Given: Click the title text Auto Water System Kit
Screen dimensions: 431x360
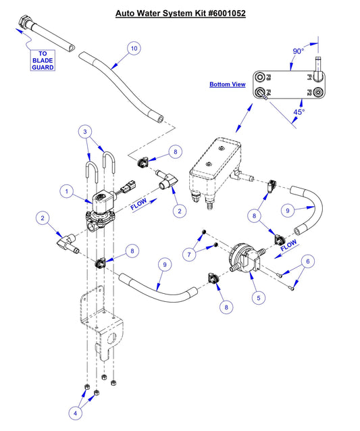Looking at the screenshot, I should pos(180,13).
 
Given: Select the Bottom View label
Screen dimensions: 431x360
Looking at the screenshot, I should pos(227,84).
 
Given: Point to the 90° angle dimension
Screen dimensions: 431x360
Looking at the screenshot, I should pos(299,51).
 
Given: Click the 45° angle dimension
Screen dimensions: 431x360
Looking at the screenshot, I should pos(299,111).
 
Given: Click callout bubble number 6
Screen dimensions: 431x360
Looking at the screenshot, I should pos(307,261).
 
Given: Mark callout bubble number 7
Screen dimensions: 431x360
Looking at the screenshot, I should pos(190,253).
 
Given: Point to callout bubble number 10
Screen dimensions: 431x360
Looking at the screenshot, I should pos(134,48).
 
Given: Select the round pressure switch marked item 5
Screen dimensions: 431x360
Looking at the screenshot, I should pos(241,257).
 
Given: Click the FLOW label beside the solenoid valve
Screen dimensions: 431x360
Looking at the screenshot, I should pos(138,205).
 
